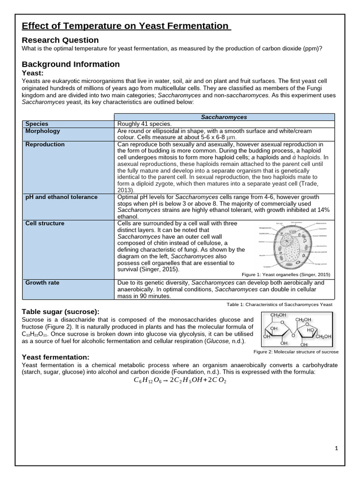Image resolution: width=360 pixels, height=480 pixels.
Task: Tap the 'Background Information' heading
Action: (x=71, y=64)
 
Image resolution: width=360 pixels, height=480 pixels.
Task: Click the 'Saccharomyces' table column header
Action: (x=225, y=117)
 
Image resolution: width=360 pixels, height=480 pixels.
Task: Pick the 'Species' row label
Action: (x=37, y=124)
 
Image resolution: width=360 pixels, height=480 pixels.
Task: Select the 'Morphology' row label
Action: (x=43, y=131)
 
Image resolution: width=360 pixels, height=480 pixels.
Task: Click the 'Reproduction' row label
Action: (x=45, y=144)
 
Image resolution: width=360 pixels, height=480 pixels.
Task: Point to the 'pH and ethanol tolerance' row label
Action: (x=61, y=197)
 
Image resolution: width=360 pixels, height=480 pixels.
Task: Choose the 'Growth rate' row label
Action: (x=42, y=283)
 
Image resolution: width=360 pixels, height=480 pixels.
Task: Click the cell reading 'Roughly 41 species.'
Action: (x=144, y=124)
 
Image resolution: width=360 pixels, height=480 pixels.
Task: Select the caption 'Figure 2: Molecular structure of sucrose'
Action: (x=296, y=352)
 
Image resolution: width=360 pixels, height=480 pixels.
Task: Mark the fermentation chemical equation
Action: (x=180, y=381)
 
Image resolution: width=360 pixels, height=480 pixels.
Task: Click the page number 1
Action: (x=336, y=449)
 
